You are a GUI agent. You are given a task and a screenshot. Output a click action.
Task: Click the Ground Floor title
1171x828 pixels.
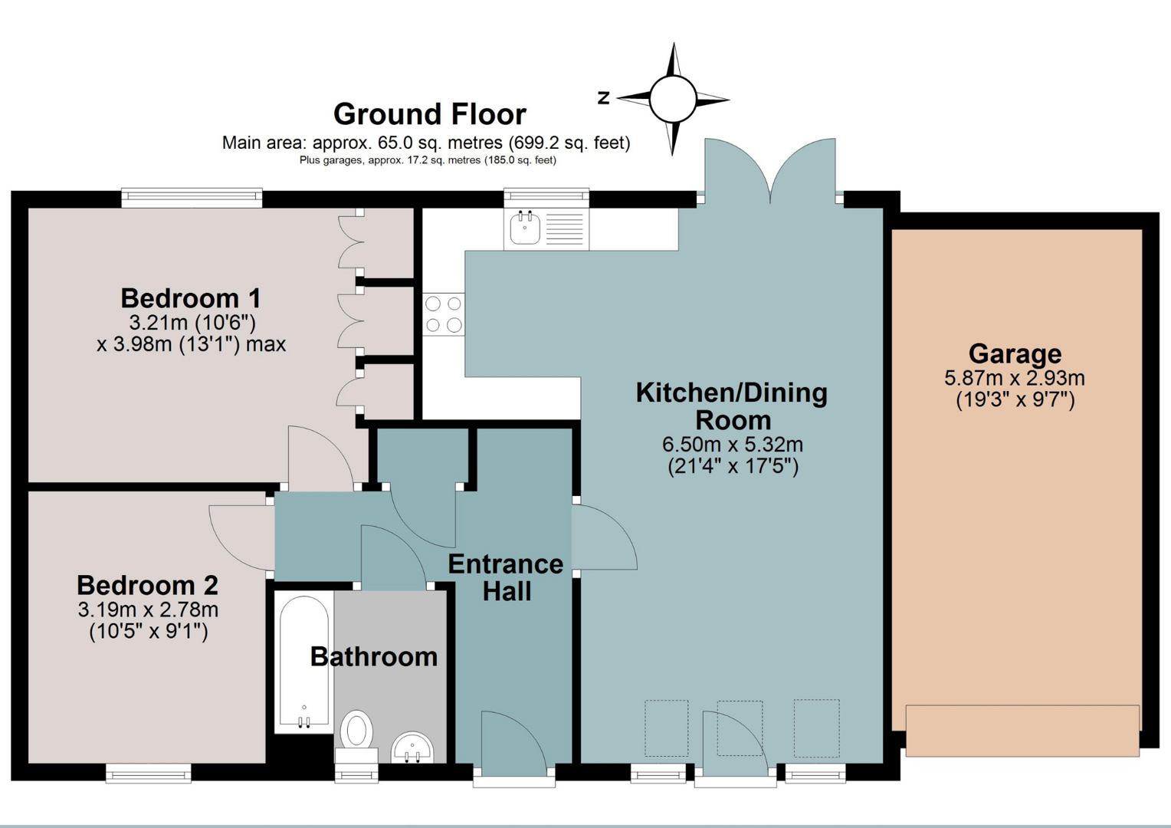click(x=430, y=114)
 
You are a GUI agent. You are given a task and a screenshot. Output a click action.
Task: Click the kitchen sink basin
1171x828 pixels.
click(x=524, y=228)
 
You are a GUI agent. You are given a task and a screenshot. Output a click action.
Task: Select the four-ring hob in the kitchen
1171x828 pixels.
click(x=444, y=314)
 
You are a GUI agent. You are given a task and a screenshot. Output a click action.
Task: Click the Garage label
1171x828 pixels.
click(x=1015, y=353)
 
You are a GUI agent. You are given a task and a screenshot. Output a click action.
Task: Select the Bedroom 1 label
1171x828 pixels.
click(x=190, y=299)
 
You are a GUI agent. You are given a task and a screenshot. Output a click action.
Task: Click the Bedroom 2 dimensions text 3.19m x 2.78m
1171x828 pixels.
click(x=148, y=610)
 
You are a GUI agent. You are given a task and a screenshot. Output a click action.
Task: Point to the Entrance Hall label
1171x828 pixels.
click(x=506, y=578)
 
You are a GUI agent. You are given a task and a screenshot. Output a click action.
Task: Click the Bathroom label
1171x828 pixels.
click(x=374, y=657)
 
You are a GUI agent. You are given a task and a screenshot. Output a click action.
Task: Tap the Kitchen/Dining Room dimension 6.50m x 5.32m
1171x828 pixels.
click(x=733, y=445)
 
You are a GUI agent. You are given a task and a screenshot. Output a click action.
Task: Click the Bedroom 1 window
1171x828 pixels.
click(x=192, y=198)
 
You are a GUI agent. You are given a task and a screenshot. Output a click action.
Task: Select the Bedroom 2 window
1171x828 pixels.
click(x=149, y=773)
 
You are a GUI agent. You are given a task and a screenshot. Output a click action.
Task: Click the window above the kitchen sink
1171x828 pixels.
click(x=546, y=198)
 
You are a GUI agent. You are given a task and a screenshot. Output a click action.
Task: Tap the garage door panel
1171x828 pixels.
click(x=1022, y=730)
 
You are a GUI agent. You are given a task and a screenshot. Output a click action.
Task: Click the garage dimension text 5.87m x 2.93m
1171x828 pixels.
click(x=1015, y=378)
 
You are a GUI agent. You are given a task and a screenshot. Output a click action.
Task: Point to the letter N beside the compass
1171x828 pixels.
click(x=604, y=98)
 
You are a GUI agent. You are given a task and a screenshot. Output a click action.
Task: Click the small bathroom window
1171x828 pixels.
click(x=356, y=773)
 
